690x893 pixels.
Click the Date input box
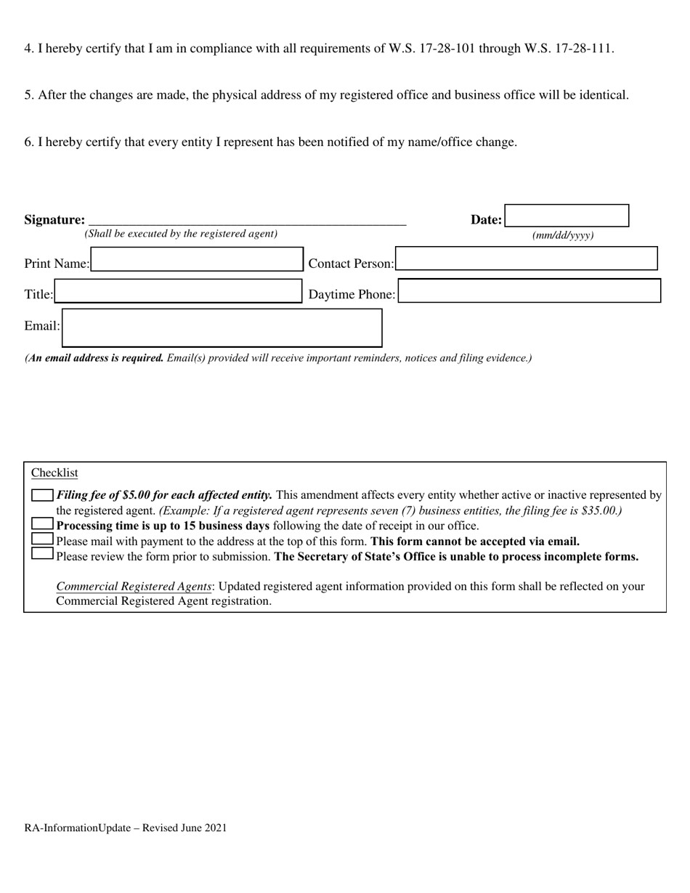pos(567,216)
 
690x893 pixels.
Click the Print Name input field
pos(196,260)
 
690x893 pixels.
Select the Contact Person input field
pos(527,259)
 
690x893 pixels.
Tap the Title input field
pos(178,291)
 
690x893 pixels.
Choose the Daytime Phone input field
pos(529,290)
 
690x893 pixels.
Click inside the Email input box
pos(222,328)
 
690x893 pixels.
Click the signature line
pos(247,221)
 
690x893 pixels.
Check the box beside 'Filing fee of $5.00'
pos(43,495)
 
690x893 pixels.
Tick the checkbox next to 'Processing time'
pos(43,524)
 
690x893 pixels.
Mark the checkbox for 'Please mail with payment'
pos(43,539)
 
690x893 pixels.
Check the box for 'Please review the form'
pos(43,554)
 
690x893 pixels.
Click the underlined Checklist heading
pos(54,473)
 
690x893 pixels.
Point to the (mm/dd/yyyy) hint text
pos(563,235)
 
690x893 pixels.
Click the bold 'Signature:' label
pos(54,220)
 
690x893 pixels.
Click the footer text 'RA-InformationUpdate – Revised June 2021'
pos(126,828)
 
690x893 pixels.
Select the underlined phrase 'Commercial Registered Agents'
pos(134,587)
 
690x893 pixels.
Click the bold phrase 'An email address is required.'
pos(95,358)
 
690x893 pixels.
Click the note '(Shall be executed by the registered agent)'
pos(181,234)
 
